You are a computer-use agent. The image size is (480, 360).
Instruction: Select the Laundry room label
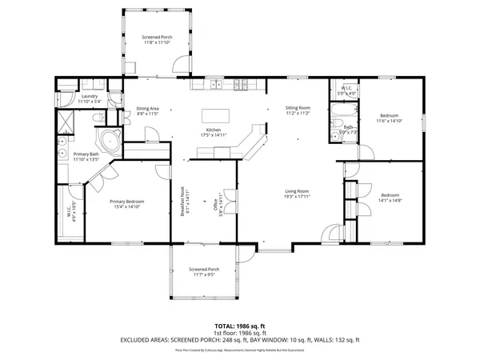coord(89,99)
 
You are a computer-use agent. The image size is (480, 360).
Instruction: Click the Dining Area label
coord(147,111)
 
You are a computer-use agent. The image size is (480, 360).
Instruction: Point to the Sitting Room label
coord(298,110)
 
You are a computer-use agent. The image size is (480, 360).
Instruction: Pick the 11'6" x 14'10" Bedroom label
coord(390,119)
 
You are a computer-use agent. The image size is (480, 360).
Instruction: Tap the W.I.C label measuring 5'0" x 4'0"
coord(346,90)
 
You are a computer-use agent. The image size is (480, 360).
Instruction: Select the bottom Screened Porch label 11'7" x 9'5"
coord(203,272)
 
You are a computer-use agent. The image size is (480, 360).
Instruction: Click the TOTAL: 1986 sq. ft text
coord(240,326)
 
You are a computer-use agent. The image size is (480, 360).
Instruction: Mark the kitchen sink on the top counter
coord(215,84)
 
